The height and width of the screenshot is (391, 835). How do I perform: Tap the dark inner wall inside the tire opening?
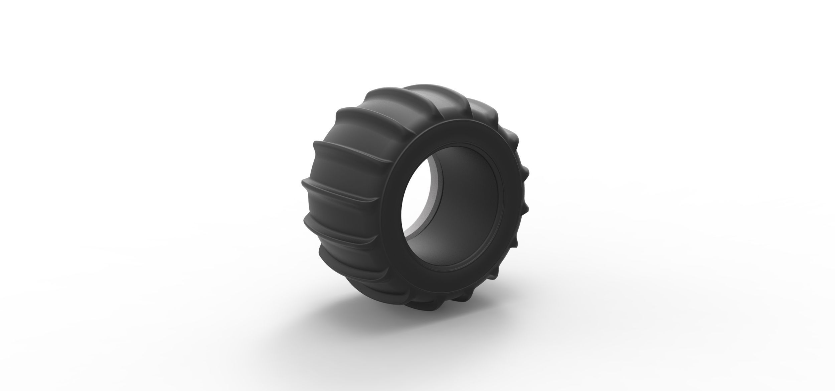[x=468, y=193]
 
